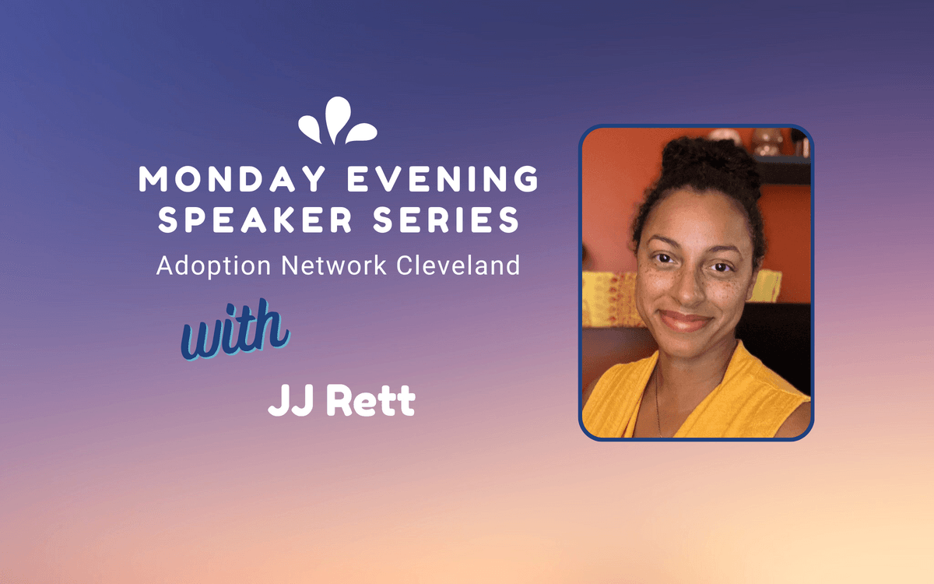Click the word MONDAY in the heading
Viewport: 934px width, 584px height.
(232, 178)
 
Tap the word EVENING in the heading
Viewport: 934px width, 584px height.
(443, 178)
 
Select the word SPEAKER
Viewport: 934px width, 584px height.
(255, 220)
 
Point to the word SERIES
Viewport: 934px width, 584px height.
(446, 220)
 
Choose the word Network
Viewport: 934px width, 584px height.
(334, 266)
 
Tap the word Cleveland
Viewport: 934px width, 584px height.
(458, 266)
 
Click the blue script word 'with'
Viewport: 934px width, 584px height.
(235, 329)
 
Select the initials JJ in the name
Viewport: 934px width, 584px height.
(290, 399)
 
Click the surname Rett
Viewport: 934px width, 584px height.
(370, 400)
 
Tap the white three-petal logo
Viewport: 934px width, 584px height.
(338, 121)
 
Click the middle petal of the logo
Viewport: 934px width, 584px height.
(337, 120)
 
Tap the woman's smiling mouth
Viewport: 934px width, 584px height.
(685, 321)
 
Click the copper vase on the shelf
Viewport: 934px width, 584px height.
(768, 142)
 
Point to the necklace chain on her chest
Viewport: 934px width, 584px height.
(658, 400)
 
